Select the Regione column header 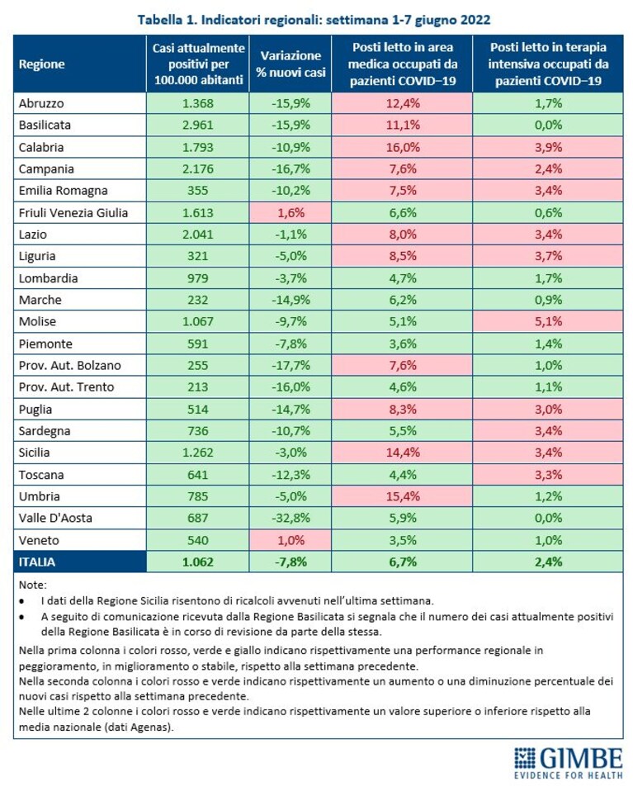click(41, 64)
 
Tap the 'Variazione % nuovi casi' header click(291, 64)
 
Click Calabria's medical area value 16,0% click(403, 148)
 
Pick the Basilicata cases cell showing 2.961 click(197, 125)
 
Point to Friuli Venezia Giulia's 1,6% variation click(291, 213)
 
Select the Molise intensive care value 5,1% click(548, 322)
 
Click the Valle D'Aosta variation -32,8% click(291, 518)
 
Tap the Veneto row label click(39, 541)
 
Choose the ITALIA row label click(37, 562)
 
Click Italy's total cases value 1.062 click(197, 562)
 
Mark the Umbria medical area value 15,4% click(403, 496)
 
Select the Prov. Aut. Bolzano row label click(69, 365)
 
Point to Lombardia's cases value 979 click(197, 278)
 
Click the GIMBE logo click(569, 762)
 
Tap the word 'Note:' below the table click(32, 586)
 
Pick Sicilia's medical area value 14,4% click(403, 453)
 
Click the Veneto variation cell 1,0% click(291, 541)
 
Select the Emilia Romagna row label click(64, 191)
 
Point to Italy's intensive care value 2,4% click(548, 562)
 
